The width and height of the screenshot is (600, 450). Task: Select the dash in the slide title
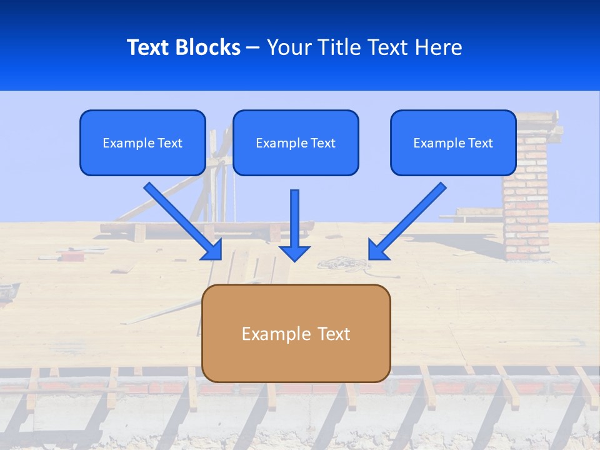click(253, 48)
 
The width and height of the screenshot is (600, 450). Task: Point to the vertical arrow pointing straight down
click(294, 225)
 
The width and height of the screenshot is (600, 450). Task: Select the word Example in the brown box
click(276, 334)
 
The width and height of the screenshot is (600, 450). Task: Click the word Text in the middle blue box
click(322, 143)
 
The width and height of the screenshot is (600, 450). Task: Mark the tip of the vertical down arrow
click(294, 259)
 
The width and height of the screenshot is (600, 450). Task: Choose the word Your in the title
click(289, 47)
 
